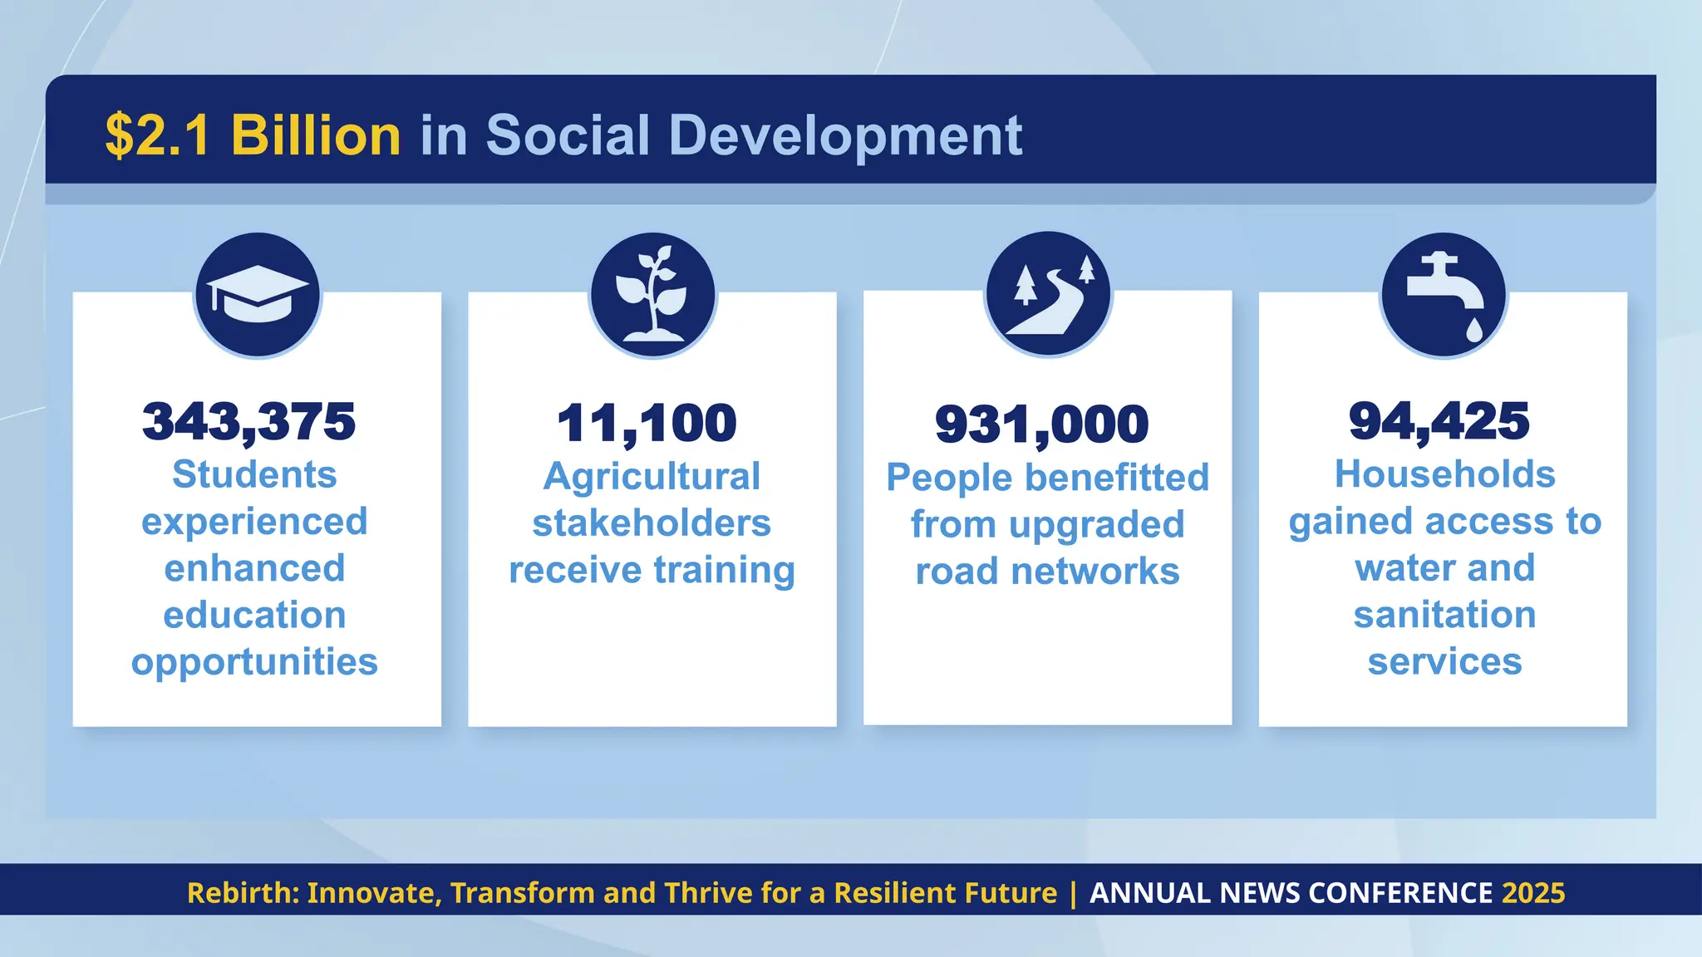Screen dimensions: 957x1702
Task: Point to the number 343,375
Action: coord(248,422)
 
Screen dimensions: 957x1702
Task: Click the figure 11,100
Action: coord(647,424)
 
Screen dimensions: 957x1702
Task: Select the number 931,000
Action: coord(1041,425)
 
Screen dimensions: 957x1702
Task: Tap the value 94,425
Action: coord(1439,421)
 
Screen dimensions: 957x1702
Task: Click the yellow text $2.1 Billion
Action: coord(253,135)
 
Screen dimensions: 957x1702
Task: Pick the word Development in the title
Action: coord(845,135)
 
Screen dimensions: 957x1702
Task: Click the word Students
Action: coord(254,475)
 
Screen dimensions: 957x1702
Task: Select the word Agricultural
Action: coord(652,477)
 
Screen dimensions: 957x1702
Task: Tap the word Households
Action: coord(1444,475)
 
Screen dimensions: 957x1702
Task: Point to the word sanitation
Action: coord(1444,616)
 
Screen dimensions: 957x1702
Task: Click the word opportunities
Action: coord(254,662)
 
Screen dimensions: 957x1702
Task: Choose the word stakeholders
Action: coord(652,523)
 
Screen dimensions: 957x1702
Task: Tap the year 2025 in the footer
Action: coord(1533,893)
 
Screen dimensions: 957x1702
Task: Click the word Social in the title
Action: coord(568,135)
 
